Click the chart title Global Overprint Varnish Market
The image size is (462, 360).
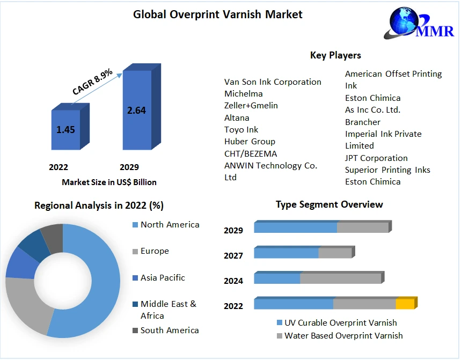pos(217,14)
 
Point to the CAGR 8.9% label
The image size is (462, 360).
pos(92,82)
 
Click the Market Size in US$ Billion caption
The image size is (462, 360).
pos(109,182)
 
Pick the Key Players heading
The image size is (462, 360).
pos(335,55)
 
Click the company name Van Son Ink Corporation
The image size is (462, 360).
pos(273,82)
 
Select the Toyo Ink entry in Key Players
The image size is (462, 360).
pos(241,130)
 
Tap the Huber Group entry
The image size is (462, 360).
pos(250,142)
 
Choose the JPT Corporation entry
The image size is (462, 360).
pos(376,158)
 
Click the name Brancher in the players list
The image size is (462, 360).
pos(363,122)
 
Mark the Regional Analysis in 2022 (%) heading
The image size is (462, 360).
pos(99,205)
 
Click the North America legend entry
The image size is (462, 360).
pos(170,225)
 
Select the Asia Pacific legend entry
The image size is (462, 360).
pos(163,278)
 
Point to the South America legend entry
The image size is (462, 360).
pos(170,330)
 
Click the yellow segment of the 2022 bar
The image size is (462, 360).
pos(405,304)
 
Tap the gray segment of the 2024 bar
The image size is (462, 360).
pos(341,278)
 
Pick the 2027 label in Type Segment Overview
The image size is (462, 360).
pos(233,256)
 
